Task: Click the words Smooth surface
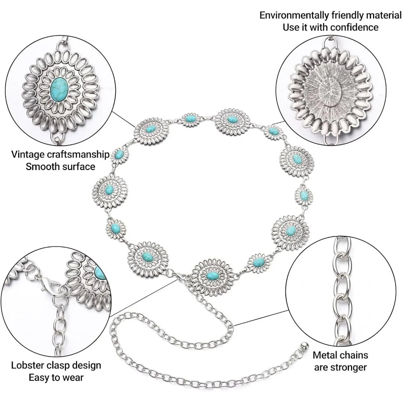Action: (x=61, y=166)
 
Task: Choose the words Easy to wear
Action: (x=56, y=377)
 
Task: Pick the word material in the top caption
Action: (x=381, y=16)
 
